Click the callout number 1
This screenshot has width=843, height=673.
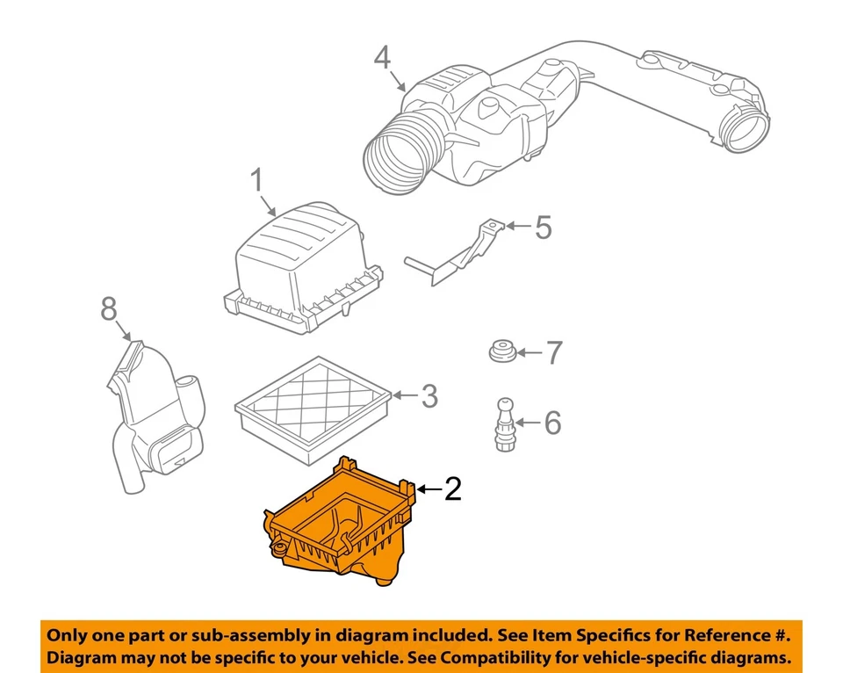(x=256, y=183)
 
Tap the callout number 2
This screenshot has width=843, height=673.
(x=451, y=489)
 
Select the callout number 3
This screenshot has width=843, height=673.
(x=429, y=396)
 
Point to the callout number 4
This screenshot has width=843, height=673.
(x=381, y=59)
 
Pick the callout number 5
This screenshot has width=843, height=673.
(x=544, y=228)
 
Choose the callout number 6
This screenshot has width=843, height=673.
(x=551, y=423)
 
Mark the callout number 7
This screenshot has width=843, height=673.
(x=553, y=353)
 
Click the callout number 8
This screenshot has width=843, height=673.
(x=108, y=308)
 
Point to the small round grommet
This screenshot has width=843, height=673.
(x=502, y=352)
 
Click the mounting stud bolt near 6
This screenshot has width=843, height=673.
(x=504, y=422)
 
